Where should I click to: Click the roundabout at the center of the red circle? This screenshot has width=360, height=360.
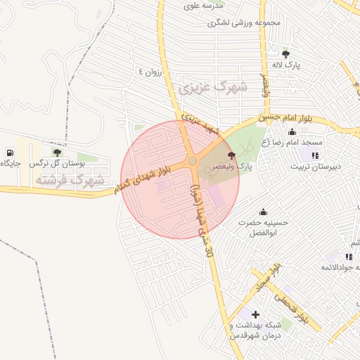(x=192, y=162)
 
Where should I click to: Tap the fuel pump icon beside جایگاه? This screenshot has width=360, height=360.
(x=9, y=152)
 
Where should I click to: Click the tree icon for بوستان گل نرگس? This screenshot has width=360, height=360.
(x=57, y=152)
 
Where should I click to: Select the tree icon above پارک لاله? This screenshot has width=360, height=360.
(x=285, y=53)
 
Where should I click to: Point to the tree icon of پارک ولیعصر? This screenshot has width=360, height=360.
(x=232, y=155)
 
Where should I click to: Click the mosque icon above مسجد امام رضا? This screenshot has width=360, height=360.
(x=292, y=132)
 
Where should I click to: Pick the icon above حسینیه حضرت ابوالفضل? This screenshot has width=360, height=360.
(x=264, y=212)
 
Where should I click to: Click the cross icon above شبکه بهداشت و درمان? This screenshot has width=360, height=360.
(x=255, y=314)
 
